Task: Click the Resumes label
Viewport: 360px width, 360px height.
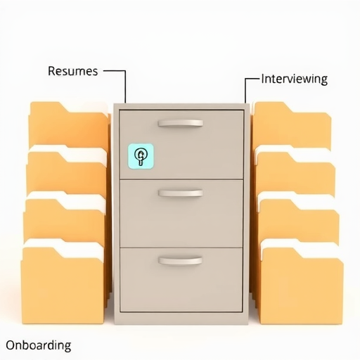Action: [x=72, y=71]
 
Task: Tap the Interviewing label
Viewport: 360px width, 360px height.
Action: [x=294, y=79]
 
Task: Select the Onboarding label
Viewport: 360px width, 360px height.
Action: [x=38, y=345]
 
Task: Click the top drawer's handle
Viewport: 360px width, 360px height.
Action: [x=181, y=123]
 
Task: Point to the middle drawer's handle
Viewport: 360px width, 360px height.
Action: [x=181, y=193]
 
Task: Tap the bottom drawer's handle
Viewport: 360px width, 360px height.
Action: [x=180, y=261]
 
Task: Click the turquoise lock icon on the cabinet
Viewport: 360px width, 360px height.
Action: [x=141, y=156]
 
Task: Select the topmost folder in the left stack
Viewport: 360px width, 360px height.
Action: [x=68, y=125]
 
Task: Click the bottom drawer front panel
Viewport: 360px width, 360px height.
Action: [x=181, y=280]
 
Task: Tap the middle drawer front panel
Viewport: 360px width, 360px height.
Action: [x=181, y=214]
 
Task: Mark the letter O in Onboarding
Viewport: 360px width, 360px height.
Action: [x=11, y=346]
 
